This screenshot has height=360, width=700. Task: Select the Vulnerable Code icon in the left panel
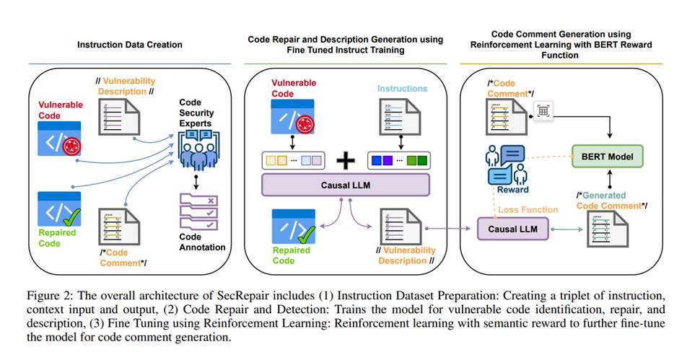60,137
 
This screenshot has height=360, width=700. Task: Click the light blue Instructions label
402,89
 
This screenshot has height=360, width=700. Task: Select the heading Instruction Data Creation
130,45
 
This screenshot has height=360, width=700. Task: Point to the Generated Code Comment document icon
605,232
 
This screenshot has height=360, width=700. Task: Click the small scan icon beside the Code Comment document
542,110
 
